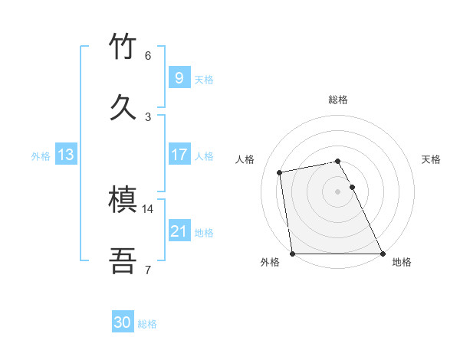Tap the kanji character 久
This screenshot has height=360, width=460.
124,106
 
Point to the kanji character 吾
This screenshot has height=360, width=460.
124,260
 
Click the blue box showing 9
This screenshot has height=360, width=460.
179,78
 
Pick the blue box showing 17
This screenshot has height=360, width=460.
179,155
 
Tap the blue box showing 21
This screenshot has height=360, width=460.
179,231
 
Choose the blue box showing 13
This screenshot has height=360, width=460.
66,155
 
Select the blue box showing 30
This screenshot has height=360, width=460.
123,322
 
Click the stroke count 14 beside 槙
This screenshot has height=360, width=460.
148,208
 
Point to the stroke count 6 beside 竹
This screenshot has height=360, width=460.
148,55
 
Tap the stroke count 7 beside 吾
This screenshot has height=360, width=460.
148,269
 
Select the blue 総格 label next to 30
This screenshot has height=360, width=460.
147,324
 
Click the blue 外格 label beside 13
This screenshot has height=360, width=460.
41,156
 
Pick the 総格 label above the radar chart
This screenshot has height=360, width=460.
338,100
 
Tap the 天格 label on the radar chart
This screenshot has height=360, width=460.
431,159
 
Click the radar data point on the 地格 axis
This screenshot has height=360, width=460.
383,254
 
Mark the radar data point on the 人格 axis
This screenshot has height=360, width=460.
281,172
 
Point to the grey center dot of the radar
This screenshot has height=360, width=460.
338,191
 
